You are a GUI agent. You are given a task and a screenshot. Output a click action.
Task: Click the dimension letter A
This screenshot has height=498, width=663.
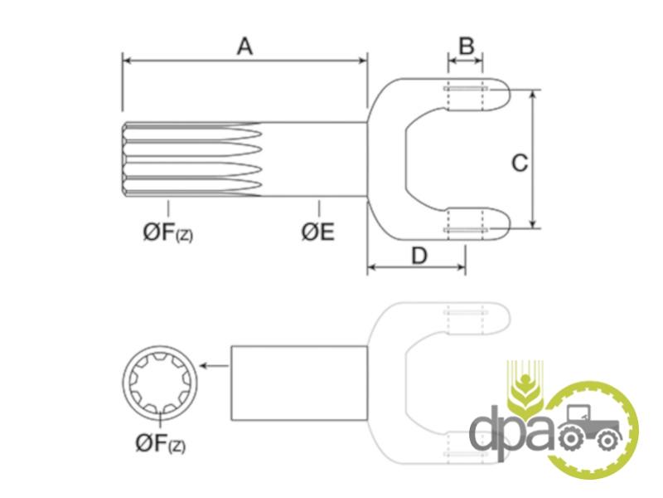244,46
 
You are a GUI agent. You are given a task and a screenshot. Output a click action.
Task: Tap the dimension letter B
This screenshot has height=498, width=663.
467,46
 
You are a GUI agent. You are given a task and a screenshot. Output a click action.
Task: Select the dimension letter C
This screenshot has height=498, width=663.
520,163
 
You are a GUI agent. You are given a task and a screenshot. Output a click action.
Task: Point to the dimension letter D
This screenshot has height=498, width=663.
419,256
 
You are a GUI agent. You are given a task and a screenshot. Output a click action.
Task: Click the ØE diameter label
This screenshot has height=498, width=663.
318,232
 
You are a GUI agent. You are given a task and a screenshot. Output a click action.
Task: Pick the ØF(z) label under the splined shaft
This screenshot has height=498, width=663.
168,233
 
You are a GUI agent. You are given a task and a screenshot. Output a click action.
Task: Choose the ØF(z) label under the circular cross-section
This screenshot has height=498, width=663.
161,443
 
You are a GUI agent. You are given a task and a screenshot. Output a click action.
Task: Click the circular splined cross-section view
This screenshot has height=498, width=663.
160,382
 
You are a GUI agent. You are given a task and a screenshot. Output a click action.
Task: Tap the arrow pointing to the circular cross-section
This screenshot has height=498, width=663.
215,365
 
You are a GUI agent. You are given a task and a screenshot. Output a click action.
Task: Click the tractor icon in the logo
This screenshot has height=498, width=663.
590,427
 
